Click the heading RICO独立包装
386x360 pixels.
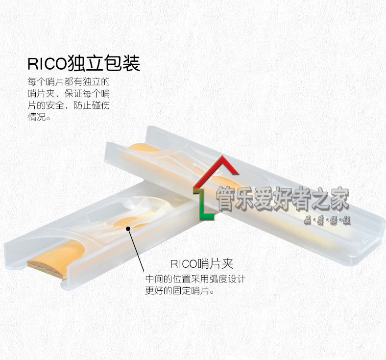tap(83, 64)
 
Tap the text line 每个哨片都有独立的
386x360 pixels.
tap(68, 81)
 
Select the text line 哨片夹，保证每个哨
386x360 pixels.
tap(68, 93)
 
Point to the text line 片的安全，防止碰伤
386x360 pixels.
tap(68, 105)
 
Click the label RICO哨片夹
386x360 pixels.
tap(202, 263)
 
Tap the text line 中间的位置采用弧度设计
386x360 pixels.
tap(195, 279)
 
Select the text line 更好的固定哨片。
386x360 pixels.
tap(180, 291)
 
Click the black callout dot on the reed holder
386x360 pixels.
tap(128, 228)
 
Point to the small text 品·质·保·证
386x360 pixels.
tap(327, 221)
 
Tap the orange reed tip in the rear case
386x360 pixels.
tap(143, 147)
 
